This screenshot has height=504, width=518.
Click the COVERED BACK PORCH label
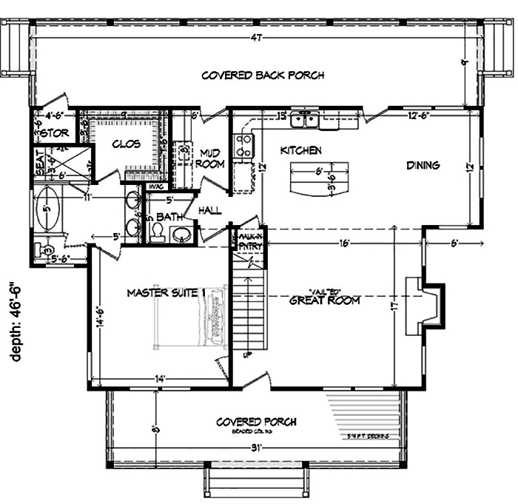pyautogui.click(x=263, y=75)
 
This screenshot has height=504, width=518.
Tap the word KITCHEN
pyautogui.click(x=300, y=150)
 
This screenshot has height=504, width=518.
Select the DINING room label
pyautogui.click(x=423, y=165)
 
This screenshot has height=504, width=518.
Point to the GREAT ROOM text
pyautogui.click(x=324, y=300)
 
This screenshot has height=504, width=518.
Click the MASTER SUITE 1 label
pyautogui.click(x=165, y=293)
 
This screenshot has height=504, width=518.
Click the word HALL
pyautogui.click(x=210, y=211)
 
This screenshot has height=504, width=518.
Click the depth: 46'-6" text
pyautogui.click(x=17, y=320)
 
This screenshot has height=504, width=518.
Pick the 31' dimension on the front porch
pyautogui.click(x=256, y=447)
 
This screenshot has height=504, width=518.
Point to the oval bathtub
pyautogui.click(x=46, y=210)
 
